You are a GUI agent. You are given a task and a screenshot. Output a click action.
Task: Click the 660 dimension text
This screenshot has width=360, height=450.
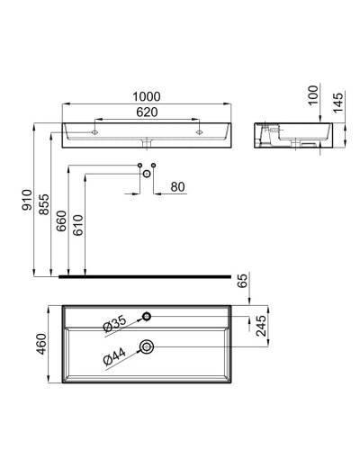click(60, 221)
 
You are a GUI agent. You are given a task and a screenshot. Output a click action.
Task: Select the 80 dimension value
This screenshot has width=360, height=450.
click(177, 187)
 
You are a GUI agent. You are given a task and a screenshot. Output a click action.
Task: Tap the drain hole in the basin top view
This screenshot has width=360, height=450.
click(147, 346)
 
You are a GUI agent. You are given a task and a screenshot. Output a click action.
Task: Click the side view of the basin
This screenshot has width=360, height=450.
click(289, 134)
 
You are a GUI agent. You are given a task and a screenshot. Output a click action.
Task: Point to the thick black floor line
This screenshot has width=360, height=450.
click(144, 276)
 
